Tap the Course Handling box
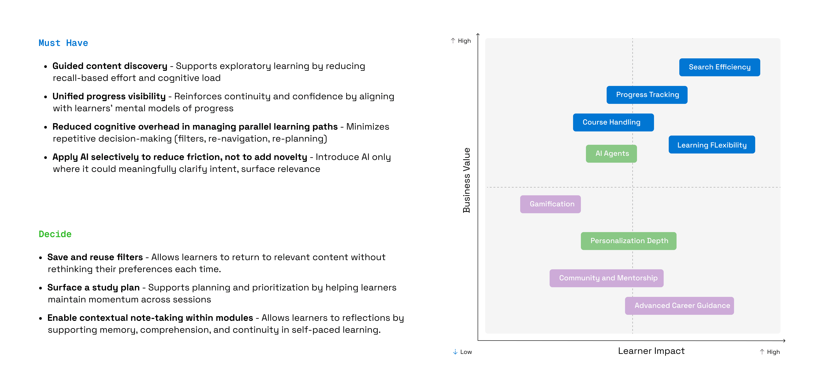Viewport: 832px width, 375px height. pyautogui.click(x=613, y=122)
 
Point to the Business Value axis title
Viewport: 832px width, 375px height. pyautogui.click(x=466, y=180)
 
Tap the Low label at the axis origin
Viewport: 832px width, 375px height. pyautogui.click(x=465, y=352)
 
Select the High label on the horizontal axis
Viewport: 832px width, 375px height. pyautogui.click(x=773, y=352)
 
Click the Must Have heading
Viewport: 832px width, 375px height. pyautogui.click(x=63, y=43)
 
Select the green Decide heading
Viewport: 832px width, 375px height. pyautogui.click(x=55, y=234)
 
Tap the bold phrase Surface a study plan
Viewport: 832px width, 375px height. pyautogui.click(x=93, y=288)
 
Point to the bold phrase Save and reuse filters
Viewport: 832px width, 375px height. pyautogui.click(x=95, y=257)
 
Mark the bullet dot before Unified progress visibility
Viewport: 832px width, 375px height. pyautogui.click(x=46, y=97)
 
